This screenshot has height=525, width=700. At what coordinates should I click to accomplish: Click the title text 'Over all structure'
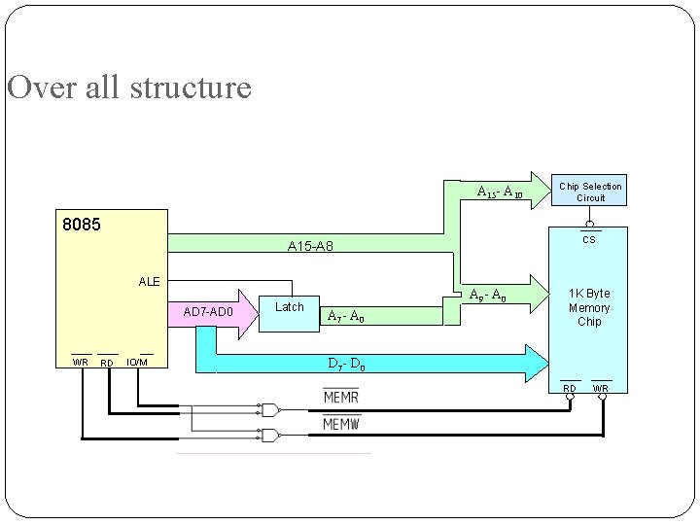[x=129, y=88]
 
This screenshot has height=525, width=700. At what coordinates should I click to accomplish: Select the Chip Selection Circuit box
[x=590, y=192]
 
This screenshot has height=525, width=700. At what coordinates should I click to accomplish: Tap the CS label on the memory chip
[x=588, y=239]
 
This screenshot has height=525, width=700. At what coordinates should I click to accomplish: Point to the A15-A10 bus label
[x=501, y=192]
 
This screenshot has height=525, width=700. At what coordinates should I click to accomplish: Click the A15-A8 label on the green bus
[x=310, y=247]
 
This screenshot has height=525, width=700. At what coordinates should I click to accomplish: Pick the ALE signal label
[x=149, y=281]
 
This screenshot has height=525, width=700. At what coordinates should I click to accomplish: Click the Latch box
[x=290, y=307]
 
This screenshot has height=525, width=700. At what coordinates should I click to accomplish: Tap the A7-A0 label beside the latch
[x=346, y=315]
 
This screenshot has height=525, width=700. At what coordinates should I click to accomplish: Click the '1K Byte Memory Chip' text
[x=589, y=307]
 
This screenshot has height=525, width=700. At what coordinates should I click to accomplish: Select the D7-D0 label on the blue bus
[x=346, y=365]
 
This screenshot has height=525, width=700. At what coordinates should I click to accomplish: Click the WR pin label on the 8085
[x=81, y=363]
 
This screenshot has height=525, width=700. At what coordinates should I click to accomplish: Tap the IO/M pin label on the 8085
[x=138, y=363]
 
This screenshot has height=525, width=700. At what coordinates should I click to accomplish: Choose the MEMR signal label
[x=341, y=398]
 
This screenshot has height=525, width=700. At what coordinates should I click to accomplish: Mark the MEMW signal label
[x=341, y=425]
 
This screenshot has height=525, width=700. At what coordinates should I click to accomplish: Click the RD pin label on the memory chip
[x=571, y=389]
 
